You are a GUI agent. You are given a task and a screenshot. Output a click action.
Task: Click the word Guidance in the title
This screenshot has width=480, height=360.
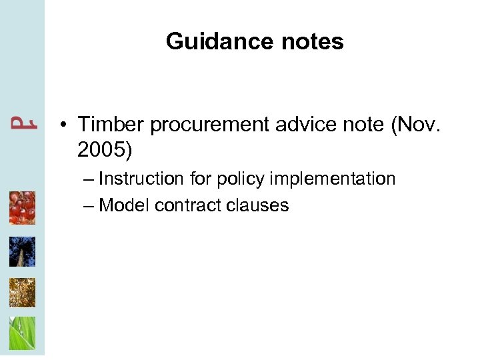pos(217,42)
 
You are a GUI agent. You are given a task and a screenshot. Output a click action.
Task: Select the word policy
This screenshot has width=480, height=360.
pos(243,179)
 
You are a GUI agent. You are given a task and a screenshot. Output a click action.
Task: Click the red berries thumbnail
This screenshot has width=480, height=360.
pos(22,208)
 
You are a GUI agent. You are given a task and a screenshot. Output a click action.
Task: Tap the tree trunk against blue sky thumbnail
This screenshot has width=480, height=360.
pos(22,251)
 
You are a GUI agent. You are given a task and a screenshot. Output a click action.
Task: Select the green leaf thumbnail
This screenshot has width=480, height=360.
pos(22,333)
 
